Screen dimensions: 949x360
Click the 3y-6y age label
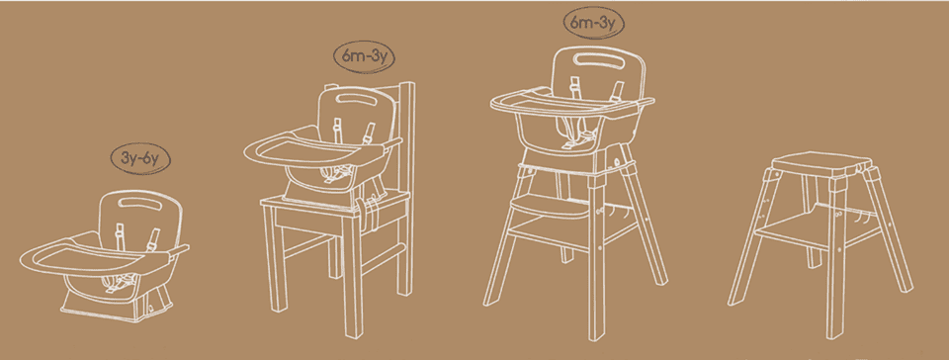(140, 160)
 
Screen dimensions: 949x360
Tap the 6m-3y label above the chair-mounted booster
(365, 58)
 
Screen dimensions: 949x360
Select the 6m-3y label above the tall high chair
(594, 24)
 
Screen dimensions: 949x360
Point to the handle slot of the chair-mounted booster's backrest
(360, 97)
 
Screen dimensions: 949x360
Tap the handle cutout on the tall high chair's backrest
(598, 59)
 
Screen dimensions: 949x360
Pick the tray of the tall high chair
(572, 105)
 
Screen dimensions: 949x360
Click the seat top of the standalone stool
(821, 163)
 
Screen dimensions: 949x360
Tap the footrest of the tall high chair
(551, 207)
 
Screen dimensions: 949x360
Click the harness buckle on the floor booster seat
(119, 283)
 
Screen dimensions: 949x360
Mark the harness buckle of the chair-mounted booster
(336, 174)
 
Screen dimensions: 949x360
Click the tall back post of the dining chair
(406, 188)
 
